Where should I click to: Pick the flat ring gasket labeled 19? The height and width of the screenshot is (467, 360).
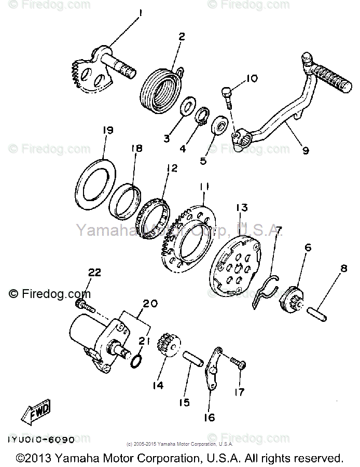[x=98, y=181]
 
